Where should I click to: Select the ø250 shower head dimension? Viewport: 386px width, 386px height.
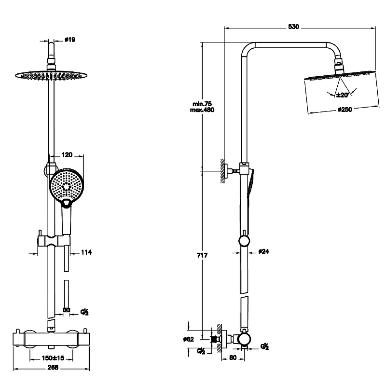[345, 110]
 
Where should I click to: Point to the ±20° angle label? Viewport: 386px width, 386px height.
[343, 95]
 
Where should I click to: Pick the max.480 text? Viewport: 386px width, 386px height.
[202, 110]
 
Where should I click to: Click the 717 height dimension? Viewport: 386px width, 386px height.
[202, 255]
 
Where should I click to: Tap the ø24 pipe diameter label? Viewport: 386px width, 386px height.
[263, 251]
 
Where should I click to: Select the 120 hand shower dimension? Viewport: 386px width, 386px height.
[67, 155]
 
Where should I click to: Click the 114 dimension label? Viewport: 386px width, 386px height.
[86, 252]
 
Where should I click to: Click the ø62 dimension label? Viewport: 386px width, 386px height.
[189, 339]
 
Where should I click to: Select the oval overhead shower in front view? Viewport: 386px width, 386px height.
[52, 74]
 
